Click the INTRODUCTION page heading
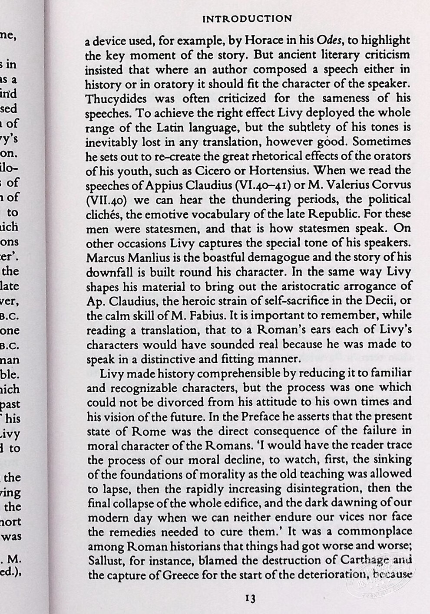coord(248,19)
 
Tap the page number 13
coord(250,599)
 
